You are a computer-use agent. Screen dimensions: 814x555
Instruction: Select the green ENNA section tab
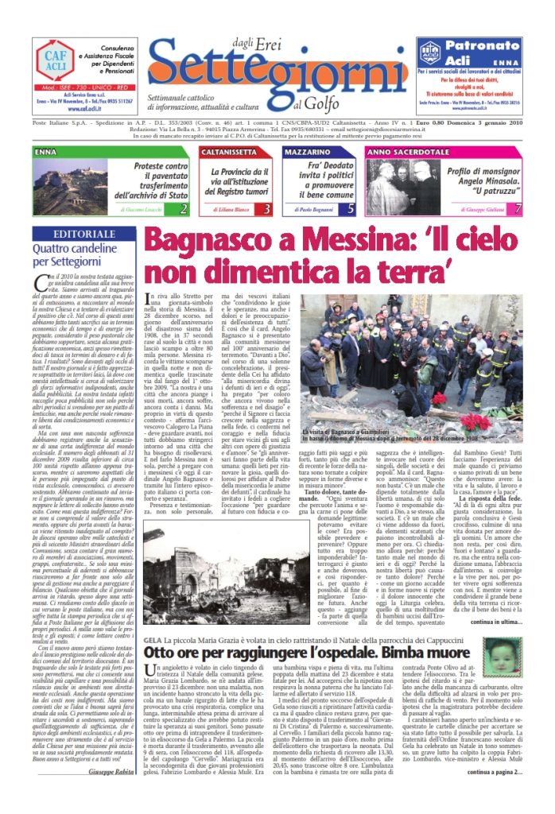pos(46,150)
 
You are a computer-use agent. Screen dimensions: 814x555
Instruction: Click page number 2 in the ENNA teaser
pos(184,209)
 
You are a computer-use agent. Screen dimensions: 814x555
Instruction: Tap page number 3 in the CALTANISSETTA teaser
pos(266,209)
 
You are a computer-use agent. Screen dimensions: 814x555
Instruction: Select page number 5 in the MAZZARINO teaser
pos(351,209)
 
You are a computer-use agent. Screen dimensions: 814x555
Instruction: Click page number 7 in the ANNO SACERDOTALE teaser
pos(518,209)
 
